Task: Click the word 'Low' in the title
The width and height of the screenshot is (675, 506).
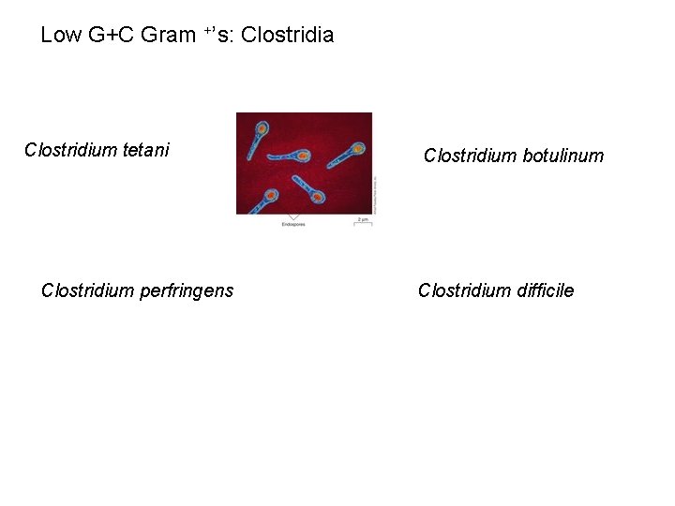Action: click(61, 36)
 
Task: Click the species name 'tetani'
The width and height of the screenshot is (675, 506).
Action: click(146, 150)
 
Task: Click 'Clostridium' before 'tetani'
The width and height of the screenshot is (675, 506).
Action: click(71, 150)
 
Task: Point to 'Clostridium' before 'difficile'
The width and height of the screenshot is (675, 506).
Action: click(465, 290)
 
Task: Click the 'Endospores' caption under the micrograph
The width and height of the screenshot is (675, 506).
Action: click(293, 226)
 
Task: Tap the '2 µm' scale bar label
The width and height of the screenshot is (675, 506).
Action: click(363, 219)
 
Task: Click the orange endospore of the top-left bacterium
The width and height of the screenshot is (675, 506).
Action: click(262, 126)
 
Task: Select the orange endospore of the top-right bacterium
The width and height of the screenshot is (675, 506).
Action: click(357, 149)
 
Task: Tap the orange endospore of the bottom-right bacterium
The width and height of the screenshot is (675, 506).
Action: click(318, 198)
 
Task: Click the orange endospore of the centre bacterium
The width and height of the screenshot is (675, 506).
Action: click(303, 156)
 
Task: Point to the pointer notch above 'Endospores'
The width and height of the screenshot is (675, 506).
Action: click(293, 217)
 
